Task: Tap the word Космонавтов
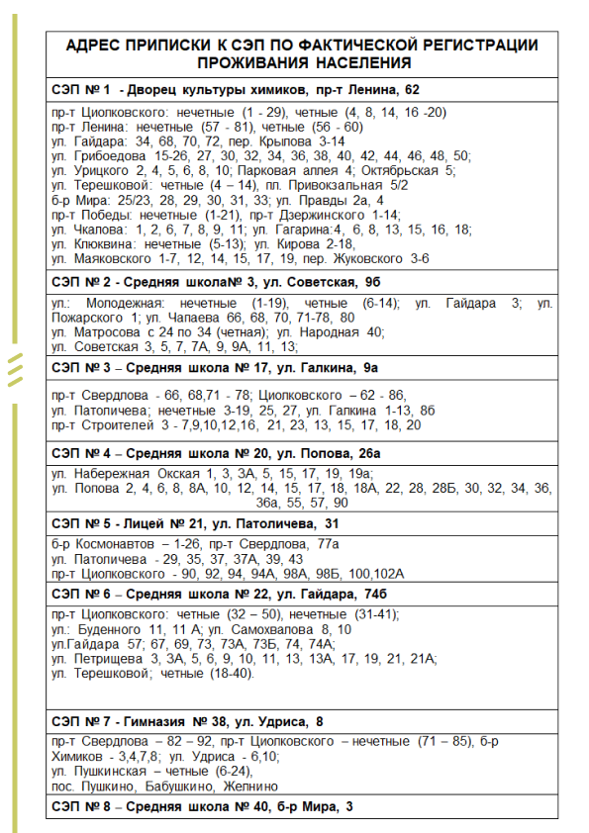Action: click(116, 545)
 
